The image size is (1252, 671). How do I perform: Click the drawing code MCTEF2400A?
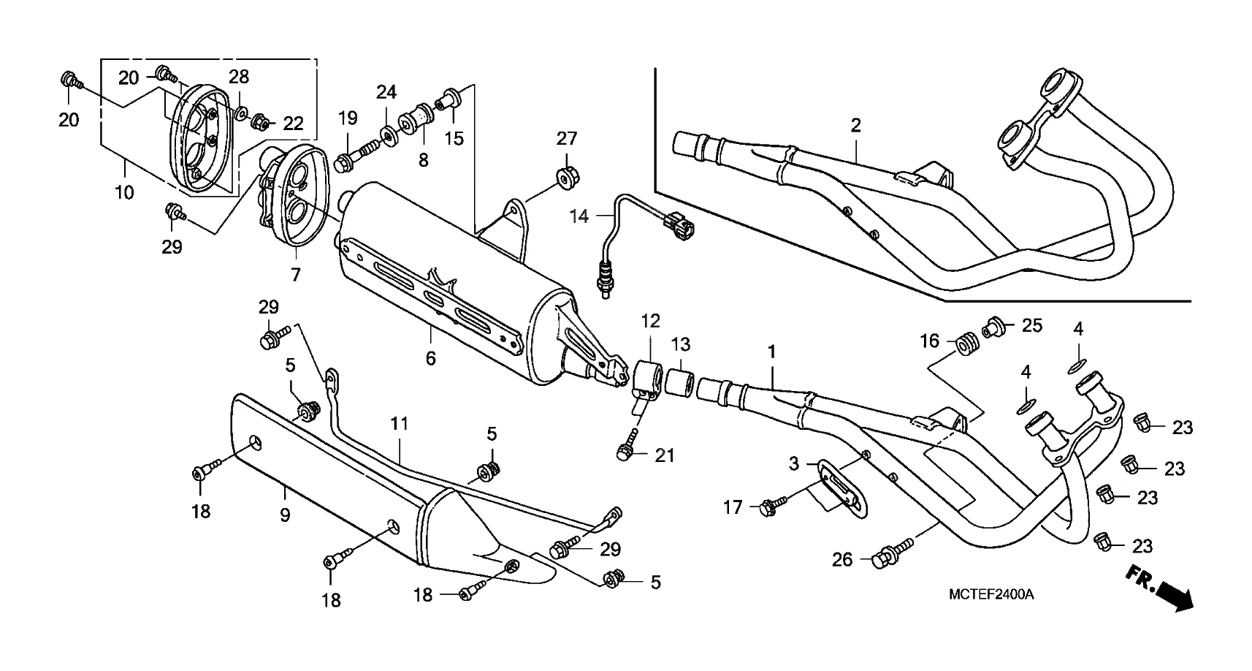tap(990, 594)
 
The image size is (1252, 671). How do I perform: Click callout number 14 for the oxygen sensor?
tap(579, 216)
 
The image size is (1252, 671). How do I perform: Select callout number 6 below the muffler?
tap(430, 358)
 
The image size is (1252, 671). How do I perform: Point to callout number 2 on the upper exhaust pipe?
tap(855, 125)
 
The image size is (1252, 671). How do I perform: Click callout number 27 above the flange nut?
tap(567, 138)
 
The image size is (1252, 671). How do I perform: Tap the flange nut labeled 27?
tap(565, 177)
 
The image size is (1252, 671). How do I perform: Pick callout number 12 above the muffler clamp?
tap(650, 321)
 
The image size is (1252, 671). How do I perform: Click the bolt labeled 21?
tap(624, 453)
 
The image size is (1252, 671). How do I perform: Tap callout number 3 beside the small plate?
tap(794, 463)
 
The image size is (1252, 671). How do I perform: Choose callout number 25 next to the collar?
tap(1031, 325)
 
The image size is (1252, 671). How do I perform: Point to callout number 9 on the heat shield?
tap(285, 515)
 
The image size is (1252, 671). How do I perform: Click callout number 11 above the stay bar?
tap(399, 424)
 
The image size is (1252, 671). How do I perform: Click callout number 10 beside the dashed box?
tap(124, 193)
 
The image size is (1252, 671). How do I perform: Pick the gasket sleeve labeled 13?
tap(678, 381)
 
